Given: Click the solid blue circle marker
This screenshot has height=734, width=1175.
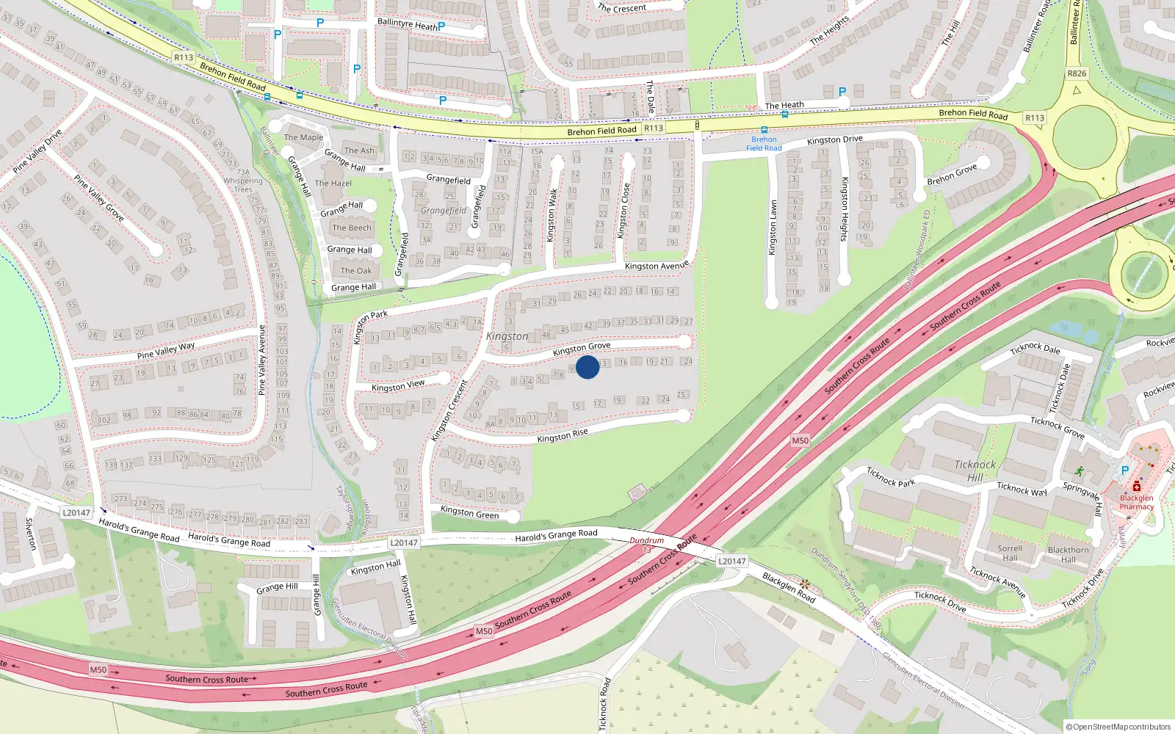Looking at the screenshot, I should pos(587,367).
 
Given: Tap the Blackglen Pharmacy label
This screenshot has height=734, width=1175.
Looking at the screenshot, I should pos(1136,502).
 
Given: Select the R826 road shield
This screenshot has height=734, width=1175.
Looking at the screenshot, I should pos(1077,73).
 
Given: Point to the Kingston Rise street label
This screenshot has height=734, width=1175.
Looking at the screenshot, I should pos(563,436).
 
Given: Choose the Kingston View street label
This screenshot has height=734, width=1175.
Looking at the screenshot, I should pos(398,385).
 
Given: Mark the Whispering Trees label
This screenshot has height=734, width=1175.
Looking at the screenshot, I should pos(243,184).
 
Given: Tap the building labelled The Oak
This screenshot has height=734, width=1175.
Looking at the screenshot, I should pos(355,270).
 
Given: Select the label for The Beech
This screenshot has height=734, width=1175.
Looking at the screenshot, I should pos(352,228).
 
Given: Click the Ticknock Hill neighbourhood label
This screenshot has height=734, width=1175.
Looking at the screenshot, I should pos(975,470).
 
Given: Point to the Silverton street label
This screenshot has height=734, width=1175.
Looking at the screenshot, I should pos(31,534).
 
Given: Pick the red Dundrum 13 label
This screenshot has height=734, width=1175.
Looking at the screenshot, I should pos(646,545).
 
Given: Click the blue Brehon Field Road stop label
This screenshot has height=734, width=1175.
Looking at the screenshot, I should pos(764,144).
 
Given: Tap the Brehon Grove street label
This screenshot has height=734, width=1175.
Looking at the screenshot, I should pos(952,175).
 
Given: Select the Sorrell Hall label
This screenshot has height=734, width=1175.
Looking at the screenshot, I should pos(1010,553).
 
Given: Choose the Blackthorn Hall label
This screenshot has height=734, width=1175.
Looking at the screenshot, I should pos(1069,554).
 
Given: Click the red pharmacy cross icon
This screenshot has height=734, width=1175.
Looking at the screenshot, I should pos(1137,486).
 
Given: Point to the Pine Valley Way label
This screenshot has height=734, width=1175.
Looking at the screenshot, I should pos(166,350).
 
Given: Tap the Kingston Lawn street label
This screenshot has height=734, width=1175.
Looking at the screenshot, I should pos(772,228).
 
